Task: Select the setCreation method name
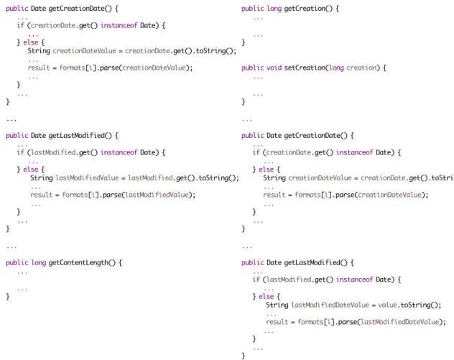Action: (x=305, y=68)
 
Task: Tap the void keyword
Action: (x=274, y=68)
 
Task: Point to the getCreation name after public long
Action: (x=305, y=9)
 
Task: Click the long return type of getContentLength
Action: (x=39, y=263)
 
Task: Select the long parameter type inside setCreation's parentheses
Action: (x=336, y=68)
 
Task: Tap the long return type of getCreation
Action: (x=274, y=9)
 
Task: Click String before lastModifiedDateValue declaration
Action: (x=277, y=305)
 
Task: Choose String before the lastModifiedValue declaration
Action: (x=42, y=178)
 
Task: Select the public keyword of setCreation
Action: (x=252, y=68)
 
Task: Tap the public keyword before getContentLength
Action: (x=17, y=263)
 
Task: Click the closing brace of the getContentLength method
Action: (x=8, y=297)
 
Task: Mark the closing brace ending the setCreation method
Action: (x=244, y=101)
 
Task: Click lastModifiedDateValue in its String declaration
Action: (x=330, y=305)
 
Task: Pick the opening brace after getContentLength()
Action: (x=120, y=263)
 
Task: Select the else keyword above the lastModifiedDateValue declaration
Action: (x=266, y=297)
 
